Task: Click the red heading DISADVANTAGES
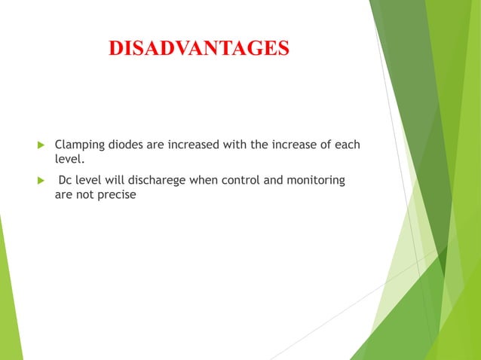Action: [x=198, y=48]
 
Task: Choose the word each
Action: [x=346, y=144]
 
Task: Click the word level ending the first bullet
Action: [x=69, y=159]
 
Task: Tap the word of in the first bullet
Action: [x=323, y=144]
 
